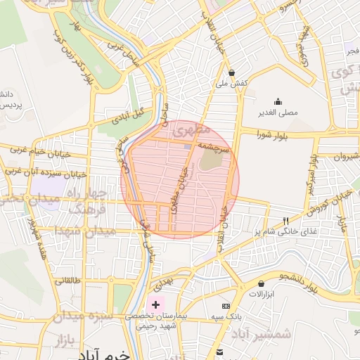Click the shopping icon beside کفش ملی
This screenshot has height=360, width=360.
[x=231, y=72]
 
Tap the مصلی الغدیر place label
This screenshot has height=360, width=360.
[x=277, y=112]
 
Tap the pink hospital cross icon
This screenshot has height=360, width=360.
[x=155, y=306]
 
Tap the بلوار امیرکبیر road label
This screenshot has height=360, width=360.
[x=310, y=172]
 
